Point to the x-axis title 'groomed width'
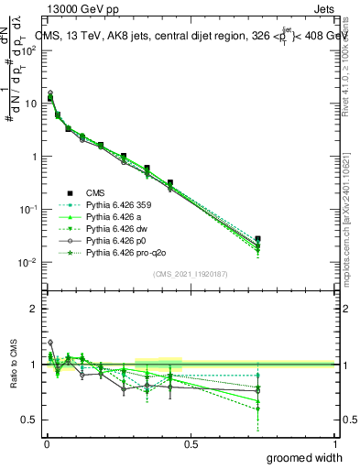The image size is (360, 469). click(306, 457)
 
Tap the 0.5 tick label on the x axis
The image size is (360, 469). click(191, 443)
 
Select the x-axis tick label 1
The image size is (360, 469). click(335, 443)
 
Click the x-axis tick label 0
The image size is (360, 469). click(47, 443)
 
